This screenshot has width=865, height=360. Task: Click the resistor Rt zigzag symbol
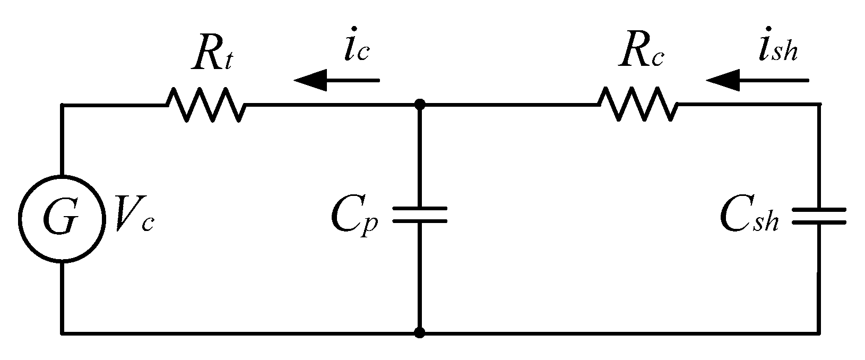206,105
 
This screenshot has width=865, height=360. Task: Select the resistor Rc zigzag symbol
638,105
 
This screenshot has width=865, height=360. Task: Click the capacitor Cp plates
420,214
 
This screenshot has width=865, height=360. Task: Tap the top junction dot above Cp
420,105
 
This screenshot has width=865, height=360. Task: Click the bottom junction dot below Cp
420,333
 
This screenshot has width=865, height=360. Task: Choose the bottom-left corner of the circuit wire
62,333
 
